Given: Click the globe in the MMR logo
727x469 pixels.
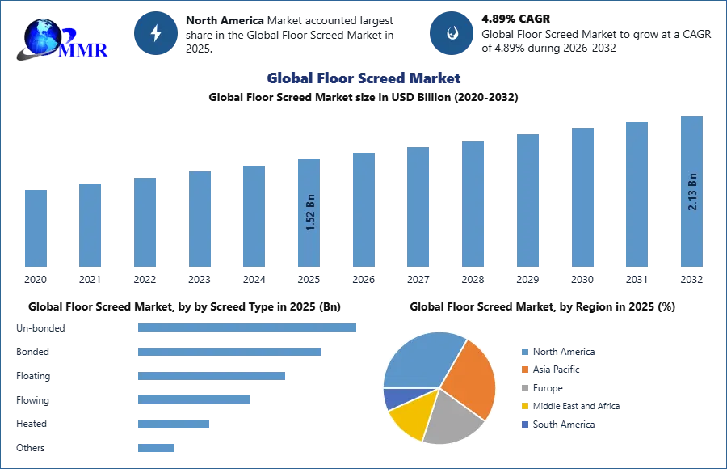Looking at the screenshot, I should coord(42,36).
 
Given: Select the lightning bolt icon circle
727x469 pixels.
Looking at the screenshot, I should coord(156,33).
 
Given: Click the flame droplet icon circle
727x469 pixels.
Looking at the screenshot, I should coord(452,33).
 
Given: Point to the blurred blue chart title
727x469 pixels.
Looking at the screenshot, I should coord(364,78).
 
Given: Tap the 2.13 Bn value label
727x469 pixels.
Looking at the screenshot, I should coord(692,192).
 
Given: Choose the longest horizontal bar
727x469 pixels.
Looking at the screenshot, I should coord(248,329).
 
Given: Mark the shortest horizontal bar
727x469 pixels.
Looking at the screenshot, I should coord(155,446).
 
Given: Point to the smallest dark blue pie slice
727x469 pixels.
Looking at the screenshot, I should coord(393,397).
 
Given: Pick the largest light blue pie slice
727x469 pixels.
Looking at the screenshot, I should coord(420,360).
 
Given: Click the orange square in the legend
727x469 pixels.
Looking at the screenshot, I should coord(523,369).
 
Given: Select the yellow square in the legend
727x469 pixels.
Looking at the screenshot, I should coord(523,407).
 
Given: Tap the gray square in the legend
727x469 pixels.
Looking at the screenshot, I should coord(523,388).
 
